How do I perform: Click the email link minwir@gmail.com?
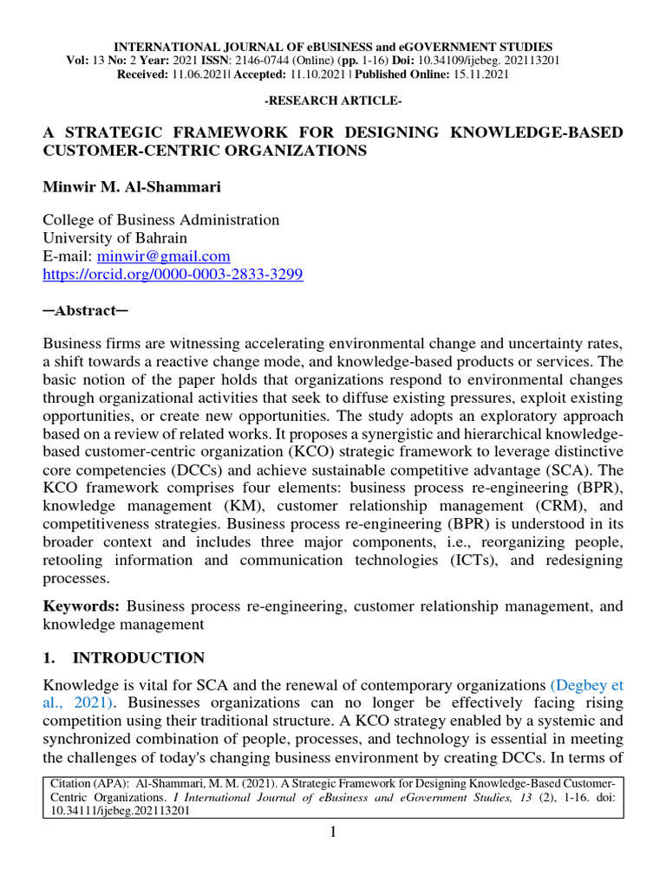point(164,256)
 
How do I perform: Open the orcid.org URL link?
point(173,274)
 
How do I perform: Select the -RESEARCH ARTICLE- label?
point(332,101)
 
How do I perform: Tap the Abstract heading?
point(86,310)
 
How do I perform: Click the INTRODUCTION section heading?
point(139,657)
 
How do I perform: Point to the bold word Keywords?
point(82,606)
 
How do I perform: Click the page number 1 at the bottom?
point(332,833)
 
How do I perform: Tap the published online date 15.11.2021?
point(477,74)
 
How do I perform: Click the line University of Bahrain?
point(115,237)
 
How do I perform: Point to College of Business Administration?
point(161,220)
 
